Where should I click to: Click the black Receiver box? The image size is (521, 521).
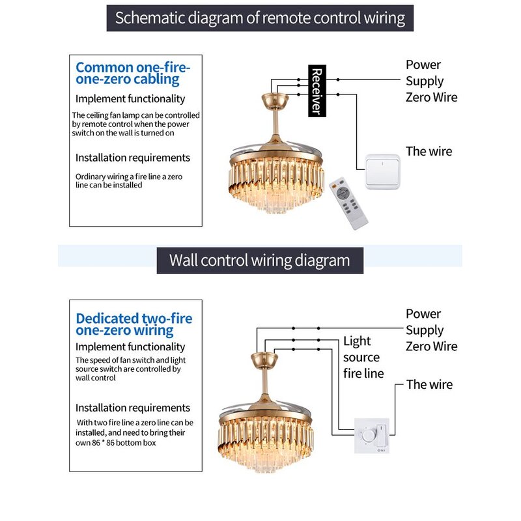click(x=316, y=91)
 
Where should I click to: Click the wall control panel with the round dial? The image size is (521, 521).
click(x=371, y=434)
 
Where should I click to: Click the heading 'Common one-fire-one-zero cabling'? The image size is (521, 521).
click(x=133, y=73)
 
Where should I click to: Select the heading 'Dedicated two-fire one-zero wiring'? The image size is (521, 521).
click(x=134, y=324)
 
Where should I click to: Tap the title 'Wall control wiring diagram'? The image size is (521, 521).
click(x=259, y=260)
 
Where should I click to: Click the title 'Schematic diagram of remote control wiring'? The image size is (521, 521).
click(x=260, y=17)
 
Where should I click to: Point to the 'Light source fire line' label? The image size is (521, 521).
click(x=363, y=357)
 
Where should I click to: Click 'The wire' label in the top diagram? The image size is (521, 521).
click(x=429, y=151)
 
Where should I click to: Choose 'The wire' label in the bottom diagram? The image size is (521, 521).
click(x=429, y=384)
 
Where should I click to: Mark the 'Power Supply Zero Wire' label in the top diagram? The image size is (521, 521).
click(x=431, y=81)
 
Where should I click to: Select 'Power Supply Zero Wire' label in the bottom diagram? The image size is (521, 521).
click(x=431, y=330)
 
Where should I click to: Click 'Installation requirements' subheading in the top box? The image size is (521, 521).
click(x=133, y=158)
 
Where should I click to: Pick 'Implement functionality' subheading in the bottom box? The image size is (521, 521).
click(x=130, y=347)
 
